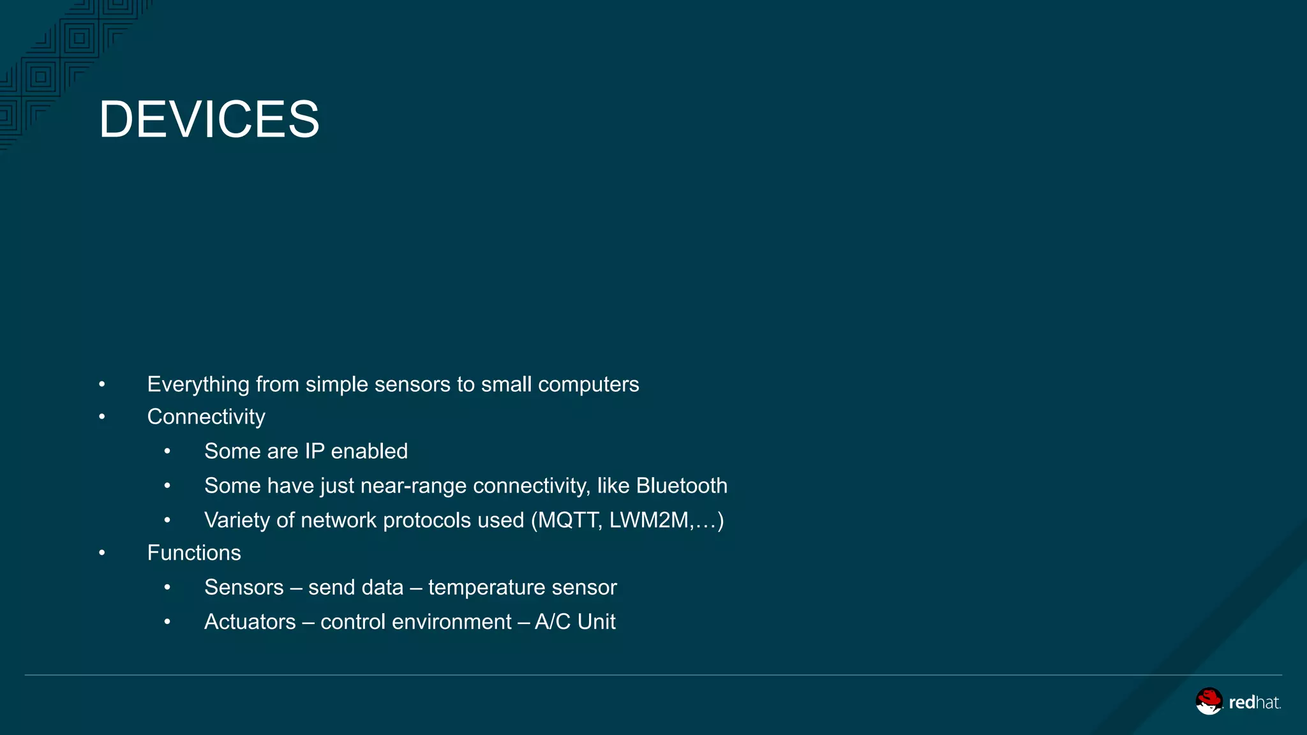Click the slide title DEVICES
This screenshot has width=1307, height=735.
point(209,119)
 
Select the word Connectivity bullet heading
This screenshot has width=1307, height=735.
point(206,417)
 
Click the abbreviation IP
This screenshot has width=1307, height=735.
point(315,451)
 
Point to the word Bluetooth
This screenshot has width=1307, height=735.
point(682,486)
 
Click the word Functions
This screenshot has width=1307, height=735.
point(194,553)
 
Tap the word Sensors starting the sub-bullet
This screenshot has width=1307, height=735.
point(244,587)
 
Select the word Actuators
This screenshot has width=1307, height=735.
point(250,621)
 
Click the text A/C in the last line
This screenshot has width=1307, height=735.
point(553,621)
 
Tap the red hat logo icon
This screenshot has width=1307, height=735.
point(1209,701)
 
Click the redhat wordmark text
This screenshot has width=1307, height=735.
point(1254,702)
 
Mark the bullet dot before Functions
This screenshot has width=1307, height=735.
point(102,553)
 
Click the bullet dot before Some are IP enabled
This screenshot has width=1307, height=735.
point(167,452)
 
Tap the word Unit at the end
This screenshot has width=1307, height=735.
point(596,621)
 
